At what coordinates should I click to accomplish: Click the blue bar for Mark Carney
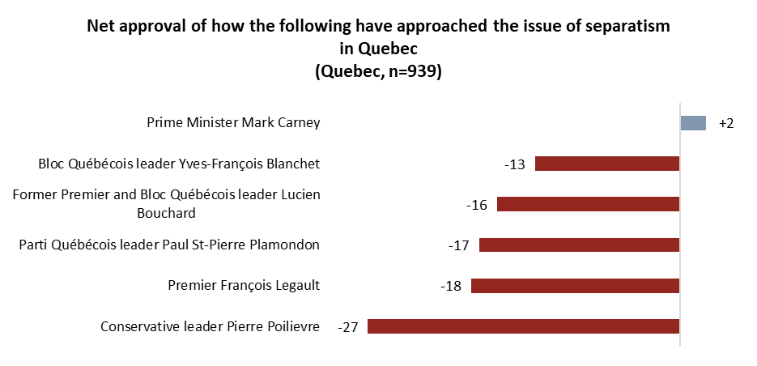point(693,123)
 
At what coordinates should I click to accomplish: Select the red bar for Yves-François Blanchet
point(607,164)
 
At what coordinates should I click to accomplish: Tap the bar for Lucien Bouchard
point(588,204)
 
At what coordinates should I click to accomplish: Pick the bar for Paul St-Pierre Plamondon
point(579,245)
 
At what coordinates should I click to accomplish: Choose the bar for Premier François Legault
point(575,286)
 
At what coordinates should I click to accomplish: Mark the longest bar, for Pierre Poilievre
point(523,326)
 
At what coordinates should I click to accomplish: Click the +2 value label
point(725,123)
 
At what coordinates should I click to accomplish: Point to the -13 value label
point(514,164)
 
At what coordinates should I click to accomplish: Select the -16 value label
point(477,205)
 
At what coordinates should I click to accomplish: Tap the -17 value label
point(459,245)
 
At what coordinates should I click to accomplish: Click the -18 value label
point(451,286)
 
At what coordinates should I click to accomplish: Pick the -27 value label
point(347,327)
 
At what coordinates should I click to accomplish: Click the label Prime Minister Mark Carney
point(233,123)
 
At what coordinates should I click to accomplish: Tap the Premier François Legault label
point(244,285)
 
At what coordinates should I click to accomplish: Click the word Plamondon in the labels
point(281,245)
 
